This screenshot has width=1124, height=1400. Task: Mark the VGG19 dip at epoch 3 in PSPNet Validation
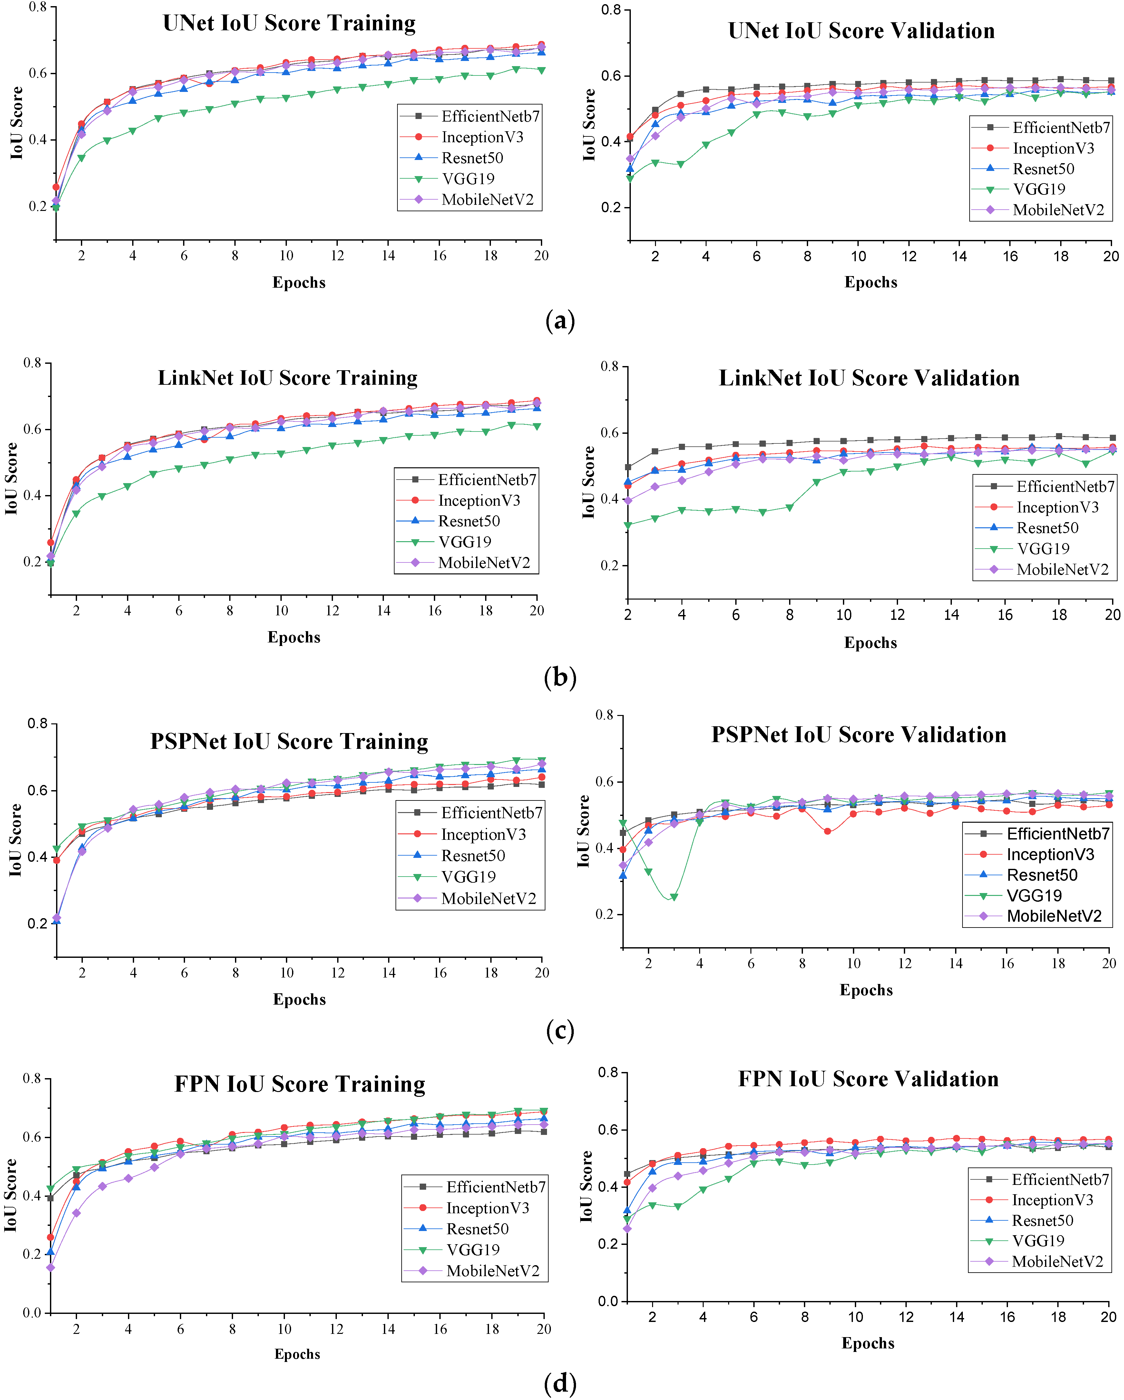(x=674, y=898)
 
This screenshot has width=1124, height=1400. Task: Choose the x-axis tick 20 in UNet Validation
(x=1111, y=256)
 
